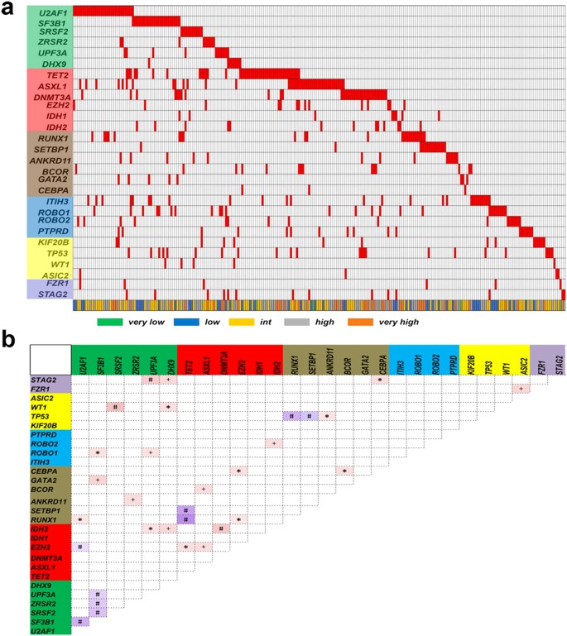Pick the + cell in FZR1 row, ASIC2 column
pyautogui.click(x=520, y=389)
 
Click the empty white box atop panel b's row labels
pyautogui.click(x=49, y=360)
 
